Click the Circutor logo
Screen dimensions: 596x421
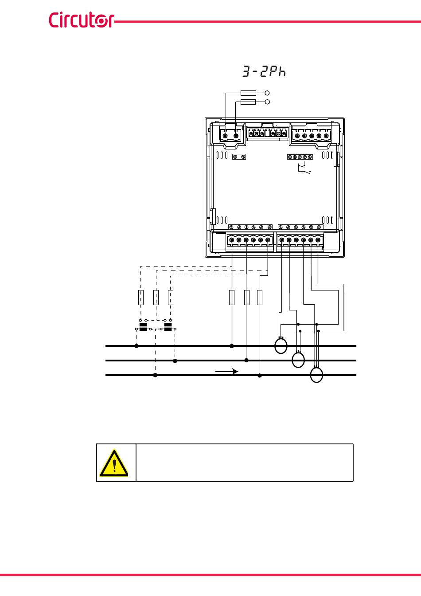point(81,20)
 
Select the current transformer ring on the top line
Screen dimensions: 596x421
point(281,346)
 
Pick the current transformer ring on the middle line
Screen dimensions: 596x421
point(299,360)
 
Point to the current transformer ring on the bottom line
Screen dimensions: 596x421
point(316,375)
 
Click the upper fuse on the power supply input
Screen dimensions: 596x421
point(247,93)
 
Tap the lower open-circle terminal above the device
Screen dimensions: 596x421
point(267,102)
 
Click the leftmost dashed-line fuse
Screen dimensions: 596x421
point(140,298)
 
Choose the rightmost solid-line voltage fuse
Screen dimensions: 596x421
point(260,298)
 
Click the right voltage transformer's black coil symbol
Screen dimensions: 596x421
point(168,327)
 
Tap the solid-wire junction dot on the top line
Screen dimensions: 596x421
point(232,345)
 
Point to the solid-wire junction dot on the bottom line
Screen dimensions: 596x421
point(260,376)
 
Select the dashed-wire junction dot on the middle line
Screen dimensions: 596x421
point(175,361)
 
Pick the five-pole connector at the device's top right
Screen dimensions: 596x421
point(312,135)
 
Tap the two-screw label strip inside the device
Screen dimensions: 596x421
point(239,157)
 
